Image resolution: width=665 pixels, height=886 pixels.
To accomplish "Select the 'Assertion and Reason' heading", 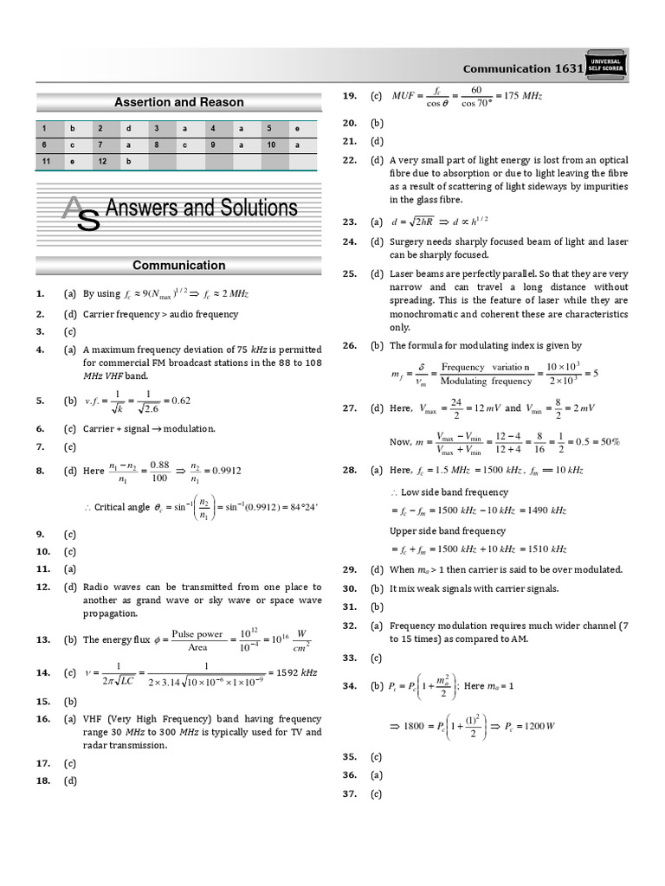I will pos(179,102).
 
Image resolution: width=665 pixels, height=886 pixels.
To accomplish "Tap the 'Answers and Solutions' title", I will pos(201,209).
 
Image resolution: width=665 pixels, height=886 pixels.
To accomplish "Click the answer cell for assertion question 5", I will pos(297,127).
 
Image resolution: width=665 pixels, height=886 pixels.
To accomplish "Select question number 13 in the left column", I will pos(41,639).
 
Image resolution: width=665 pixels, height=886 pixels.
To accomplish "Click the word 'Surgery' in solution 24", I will pos(408,241).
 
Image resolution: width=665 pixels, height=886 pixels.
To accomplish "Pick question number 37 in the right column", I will pos(349,794).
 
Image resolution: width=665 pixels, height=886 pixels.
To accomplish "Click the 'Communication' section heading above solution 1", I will pos(179,266).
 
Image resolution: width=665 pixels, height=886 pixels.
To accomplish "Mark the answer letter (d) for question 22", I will pos(377,160).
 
